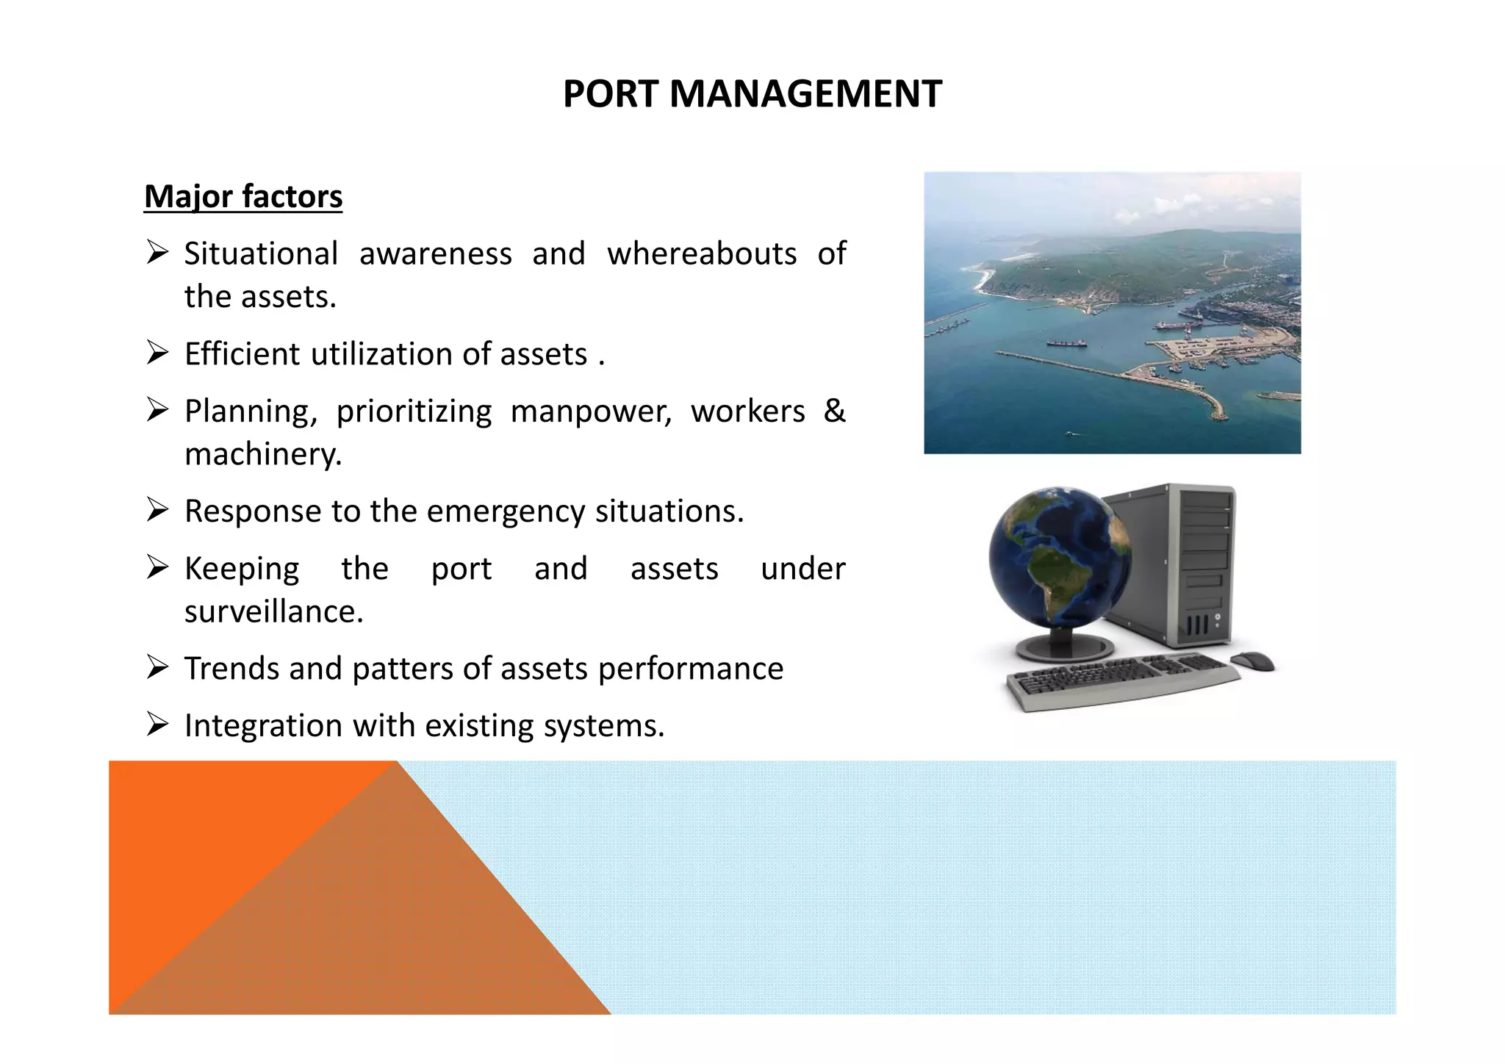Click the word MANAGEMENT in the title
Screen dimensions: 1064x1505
click(x=805, y=94)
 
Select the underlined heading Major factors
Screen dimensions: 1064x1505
click(x=243, y=196)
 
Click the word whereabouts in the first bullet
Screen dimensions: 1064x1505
click(x=702, y=254)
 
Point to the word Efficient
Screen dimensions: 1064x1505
click(x=242, y=354)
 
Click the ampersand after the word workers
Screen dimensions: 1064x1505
click(x=834, y=411)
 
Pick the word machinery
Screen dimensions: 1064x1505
click(x=263, y=454)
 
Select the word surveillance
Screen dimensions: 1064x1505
click(x=273, y=611)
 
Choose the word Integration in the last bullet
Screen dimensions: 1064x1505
click(x=263, y=726)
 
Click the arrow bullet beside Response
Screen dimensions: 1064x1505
click(x=157, y=510)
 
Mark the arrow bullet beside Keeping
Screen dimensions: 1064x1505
click(x=157, y=567)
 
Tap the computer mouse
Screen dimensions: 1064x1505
click(x=1252, y=661)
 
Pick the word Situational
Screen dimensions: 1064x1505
click(x=261, y=254)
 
